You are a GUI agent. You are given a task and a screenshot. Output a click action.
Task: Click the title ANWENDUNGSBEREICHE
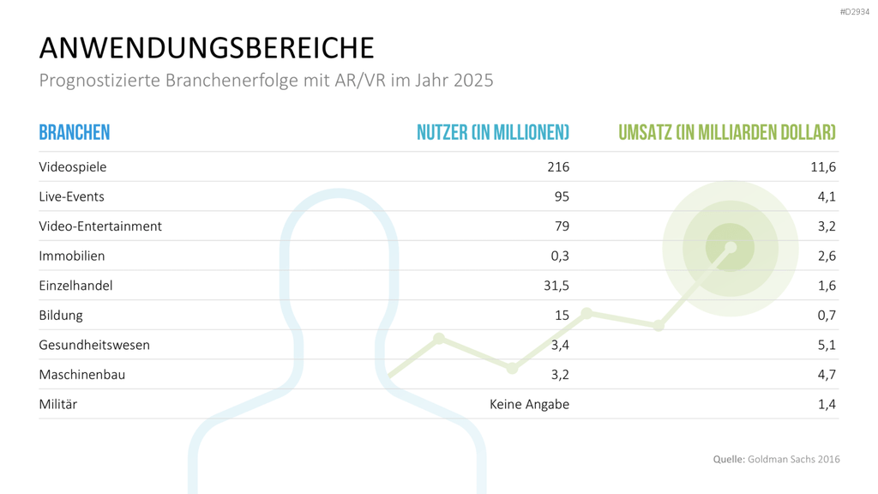click(207, 48)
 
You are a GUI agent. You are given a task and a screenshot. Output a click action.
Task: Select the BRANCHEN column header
click(75, 133)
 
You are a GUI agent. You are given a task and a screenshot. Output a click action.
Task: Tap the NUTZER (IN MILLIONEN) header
click(493, 133)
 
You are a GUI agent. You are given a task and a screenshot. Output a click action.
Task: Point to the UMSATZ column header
click(727, 133)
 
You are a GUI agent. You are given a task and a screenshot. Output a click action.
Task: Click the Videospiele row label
click(73, 167)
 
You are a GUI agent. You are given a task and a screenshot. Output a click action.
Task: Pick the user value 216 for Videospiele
click(558, 167)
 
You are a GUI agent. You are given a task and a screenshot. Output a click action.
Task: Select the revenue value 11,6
click(823, 167)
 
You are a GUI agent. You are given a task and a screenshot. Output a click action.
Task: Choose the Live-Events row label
click(72, 196)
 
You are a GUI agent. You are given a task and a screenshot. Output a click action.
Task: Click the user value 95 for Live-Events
click(562, 196)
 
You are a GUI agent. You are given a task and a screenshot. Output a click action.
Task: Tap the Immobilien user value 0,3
click(560, 256)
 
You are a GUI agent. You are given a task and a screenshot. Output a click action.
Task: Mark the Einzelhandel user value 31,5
click(556, 286)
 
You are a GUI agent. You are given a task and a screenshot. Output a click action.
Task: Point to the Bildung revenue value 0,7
click(827, 316)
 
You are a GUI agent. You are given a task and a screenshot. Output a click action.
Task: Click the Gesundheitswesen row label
click(94, 345)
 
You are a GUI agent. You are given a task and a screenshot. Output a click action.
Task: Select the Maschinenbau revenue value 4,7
click(827, 375)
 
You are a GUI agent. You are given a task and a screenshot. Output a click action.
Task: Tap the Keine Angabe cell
click(529, 405)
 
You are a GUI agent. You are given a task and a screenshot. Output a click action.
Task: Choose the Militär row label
click(58, 405)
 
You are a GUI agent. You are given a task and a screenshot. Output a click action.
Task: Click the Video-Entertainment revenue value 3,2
click(827, 226)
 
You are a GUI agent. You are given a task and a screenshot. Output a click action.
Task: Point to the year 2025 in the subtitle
click(473, 80)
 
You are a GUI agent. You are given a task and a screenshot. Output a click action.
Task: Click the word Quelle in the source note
click(729, 460)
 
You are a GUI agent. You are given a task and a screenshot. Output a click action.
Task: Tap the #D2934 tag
click(855, 12)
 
